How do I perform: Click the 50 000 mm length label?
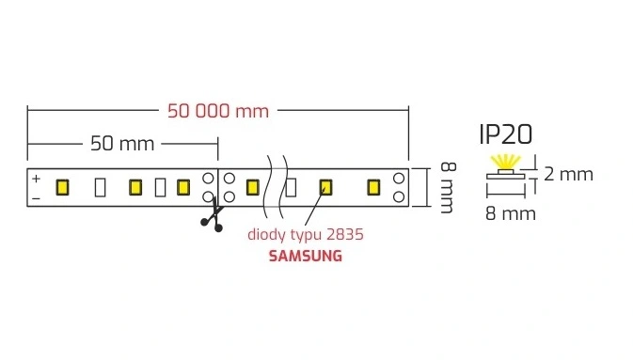coord(218,111)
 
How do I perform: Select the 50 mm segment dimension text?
coord(122,144)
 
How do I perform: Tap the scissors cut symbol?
coord(213,216)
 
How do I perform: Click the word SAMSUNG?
coord(306,256)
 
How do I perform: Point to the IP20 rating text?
coord(506,134)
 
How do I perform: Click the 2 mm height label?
coord(568,174)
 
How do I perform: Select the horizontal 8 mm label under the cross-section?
coord(511,214)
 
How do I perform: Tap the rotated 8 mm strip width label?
coord(448,188)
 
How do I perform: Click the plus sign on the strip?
coord(37,179)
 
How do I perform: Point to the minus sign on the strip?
coord(37,198)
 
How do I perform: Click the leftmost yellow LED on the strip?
coord(62,188)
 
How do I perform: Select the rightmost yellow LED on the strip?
coord(373,188)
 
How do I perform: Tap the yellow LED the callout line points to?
coord(325,188)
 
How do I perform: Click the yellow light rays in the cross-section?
coord(505,163)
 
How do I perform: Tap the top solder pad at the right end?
coord(399,178)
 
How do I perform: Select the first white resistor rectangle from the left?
coord(100,188)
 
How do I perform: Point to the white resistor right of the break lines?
coord(291,188)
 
